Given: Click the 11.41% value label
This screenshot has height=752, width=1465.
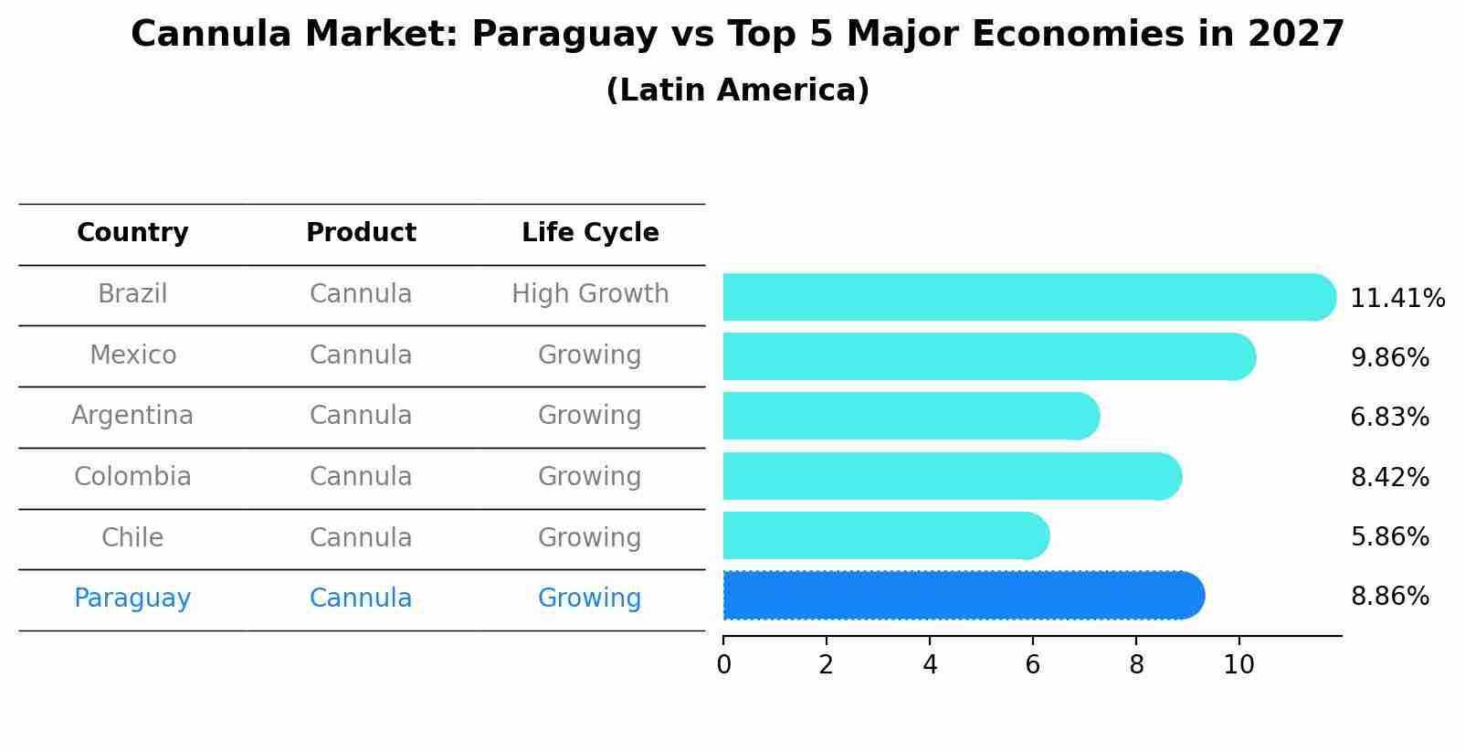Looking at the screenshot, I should pyautogui.click(x=1396, y=299).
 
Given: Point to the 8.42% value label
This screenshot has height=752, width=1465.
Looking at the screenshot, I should pyautogui.click(x=1389, y=477).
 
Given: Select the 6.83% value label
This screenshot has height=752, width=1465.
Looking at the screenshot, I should pyautogui.click(x=1389, y=418).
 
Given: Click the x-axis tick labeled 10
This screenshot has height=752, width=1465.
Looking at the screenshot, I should pyautogui.click(x=1238, y=665).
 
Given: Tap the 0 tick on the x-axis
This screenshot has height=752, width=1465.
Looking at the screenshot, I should pyautogui.click(x=723, y=665).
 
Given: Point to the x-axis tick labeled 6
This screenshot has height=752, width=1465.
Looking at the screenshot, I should pyautogui.click(x=1033, y=665).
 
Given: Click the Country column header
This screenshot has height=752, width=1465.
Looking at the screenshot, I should pyautogui.click(x=132, y=233).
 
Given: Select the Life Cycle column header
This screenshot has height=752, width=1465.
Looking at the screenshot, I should pyautogui.click(x=590, y=233).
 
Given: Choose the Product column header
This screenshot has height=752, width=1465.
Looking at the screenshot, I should pyautogui.click(x=361, y=233).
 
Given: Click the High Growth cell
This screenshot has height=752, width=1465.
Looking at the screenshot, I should pyautogui.click(x=590, y=294).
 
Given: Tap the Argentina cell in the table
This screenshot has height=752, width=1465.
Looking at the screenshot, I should pyautogui.click(x=132, y=416).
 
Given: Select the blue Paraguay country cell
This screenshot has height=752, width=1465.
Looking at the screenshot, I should pyautogui.click(x=132, y=598).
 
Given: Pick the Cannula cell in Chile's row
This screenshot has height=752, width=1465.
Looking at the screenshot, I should pyautogui.click(x=361, y=537).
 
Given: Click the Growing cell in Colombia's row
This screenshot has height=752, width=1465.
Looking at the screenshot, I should pyautogui.click(x=590, y=477).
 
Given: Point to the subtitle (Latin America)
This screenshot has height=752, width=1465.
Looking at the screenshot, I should pyautogui.click(x=737, y=90).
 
